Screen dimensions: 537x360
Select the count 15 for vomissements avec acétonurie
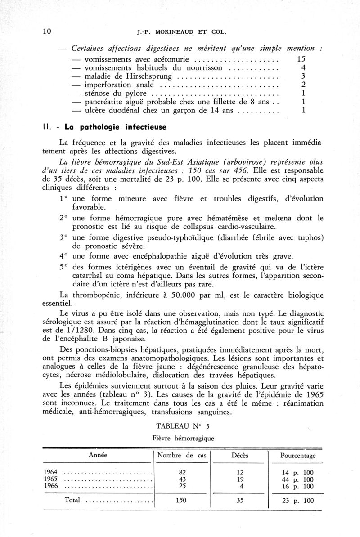[x=301, y=59]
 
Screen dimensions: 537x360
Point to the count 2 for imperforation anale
[x=304, y=85]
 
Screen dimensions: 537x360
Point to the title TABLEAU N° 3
[x=181, y=425]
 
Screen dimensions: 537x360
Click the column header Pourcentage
[x=298, y=455]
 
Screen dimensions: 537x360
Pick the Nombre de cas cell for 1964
[x=182, y=472]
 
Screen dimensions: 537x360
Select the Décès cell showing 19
[x=240, y=479]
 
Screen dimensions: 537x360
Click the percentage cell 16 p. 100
[x=298, y=487]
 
